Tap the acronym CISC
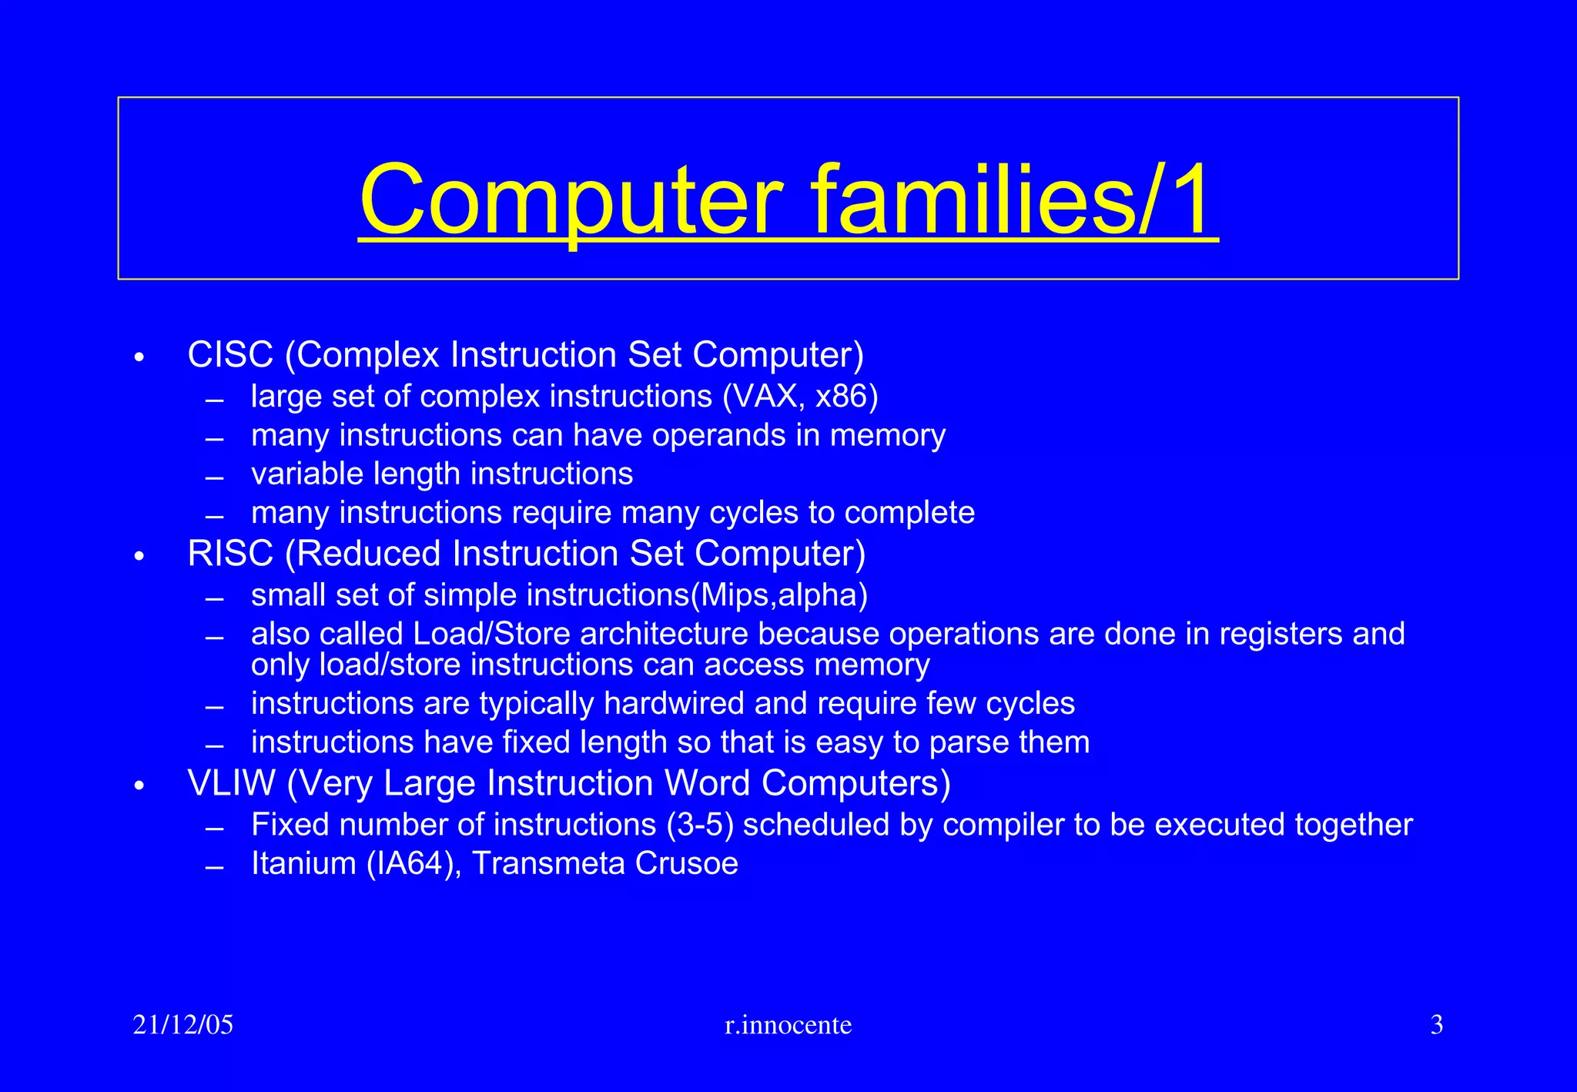pyautogui.click(x=230, y=355)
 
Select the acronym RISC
pyautogui.click(x=230, y=554)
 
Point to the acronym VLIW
pyautogui.click(x=231, y=783)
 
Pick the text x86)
pyautogui.click(x=846, y=397)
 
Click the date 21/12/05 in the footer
pyautogui.click(x=182, y=1025)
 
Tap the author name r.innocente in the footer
pyautogui.click(x=788, y=1025)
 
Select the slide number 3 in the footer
pyautogui.click(x=1436, y=1025)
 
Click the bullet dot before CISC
pyautogui.click(x=139, y=358)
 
